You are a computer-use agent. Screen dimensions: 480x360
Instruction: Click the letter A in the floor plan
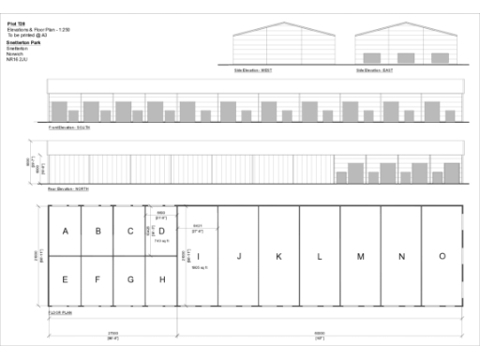(x=65, y=232)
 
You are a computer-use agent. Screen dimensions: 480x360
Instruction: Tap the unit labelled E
(x=65, y=278)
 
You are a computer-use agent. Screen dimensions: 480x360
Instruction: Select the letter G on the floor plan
(x=130, y=278)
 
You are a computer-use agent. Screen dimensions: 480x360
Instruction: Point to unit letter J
(x=239, y=256)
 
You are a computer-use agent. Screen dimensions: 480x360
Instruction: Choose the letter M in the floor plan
(x=360, y=256)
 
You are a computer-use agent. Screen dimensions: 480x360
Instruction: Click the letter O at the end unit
(x=442, y=256)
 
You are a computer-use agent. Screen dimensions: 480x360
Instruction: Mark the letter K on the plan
(x=278, y=256)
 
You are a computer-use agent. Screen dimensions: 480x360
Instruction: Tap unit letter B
(x=97, y=232)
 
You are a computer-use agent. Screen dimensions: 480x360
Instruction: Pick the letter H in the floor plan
(x=162, y=278)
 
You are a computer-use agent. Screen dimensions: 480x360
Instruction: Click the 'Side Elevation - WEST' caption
(x=253, y=69)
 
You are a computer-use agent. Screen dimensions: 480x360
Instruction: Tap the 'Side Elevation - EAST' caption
(x=375, y=69)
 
